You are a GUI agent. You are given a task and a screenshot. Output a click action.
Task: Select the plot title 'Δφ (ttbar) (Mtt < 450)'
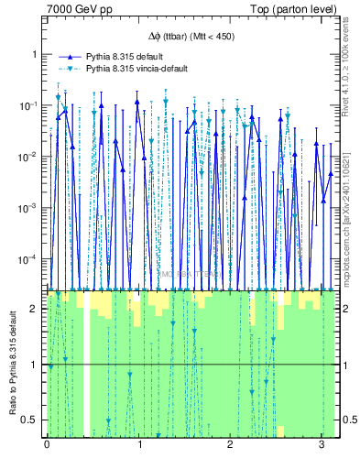191,37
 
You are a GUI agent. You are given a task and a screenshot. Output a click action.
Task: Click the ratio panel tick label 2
36,309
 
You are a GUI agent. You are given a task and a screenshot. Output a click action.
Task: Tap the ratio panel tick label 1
36,365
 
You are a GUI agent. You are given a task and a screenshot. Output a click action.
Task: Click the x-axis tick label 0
47,445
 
